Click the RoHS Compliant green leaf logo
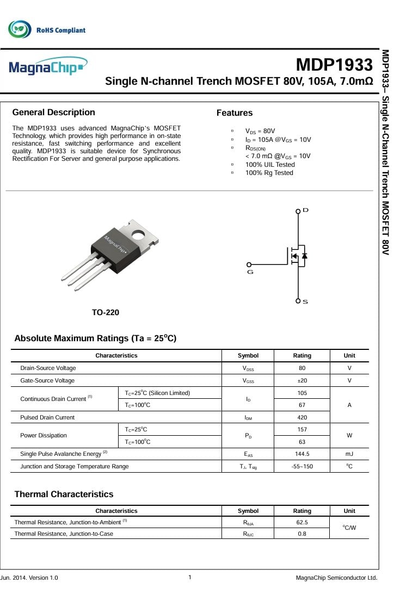point(20,29)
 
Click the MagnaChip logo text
point(47,67)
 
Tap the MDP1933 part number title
point(334,65)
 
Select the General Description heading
point(53,112)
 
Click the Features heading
point(235,113)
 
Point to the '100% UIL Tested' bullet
point(270,165)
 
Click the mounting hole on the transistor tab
point(153,235)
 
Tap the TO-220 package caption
point(106,312)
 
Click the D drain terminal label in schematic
point(305,210)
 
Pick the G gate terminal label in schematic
point(250,272)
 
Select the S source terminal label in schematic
point(305,302)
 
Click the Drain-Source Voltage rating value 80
point(302,368)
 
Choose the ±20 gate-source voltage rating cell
point(302,381)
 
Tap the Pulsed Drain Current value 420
point(302,418)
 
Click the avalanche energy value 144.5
point(302,454)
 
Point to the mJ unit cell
point(349,454)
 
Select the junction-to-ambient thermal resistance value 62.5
point(302,523)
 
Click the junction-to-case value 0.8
point(302,534)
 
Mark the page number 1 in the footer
point(189,578)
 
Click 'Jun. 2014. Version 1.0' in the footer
point(29,578)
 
